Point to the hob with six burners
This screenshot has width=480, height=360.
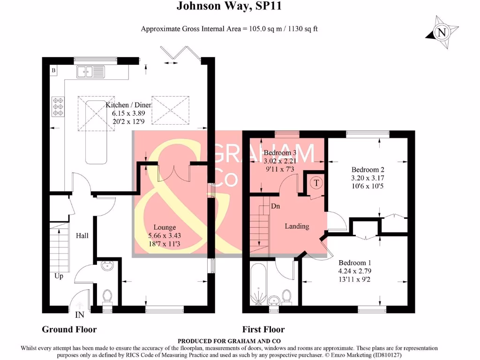(x=60, y=106)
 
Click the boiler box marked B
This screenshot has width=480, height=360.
(x=53, y=71)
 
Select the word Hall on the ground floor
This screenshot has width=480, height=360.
(x=82, y=235)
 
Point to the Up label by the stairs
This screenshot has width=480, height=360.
(x=59, y=276)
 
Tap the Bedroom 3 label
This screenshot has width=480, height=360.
(x=280, y=153)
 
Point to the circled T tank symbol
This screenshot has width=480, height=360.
(x=316, y=183)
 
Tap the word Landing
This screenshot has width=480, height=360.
(x=297, y=226)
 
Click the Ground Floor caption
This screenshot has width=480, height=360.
(x=69, y=329)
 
